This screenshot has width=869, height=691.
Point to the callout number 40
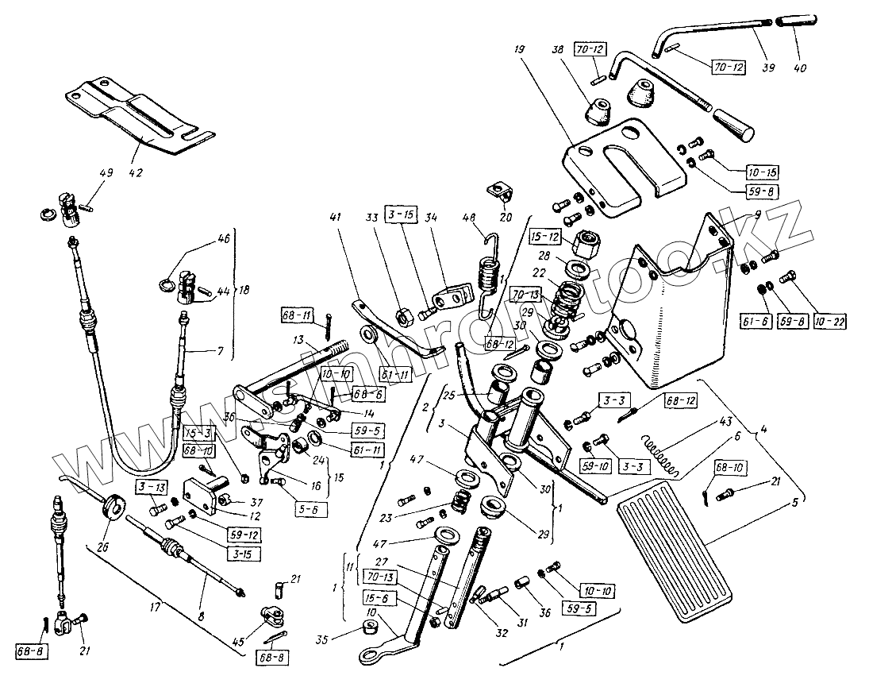point(798,68)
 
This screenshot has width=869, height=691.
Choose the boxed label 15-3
point(198,434)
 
